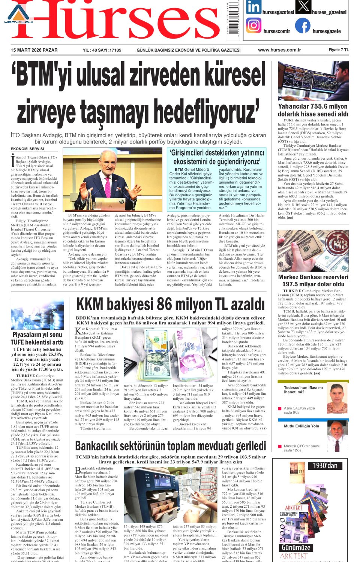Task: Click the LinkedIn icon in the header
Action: pos(253,7)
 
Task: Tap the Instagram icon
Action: pos(253,25)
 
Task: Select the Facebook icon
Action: pos(303,25)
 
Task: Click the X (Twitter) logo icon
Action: pos(303,6)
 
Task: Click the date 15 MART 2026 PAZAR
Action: pos(34,50)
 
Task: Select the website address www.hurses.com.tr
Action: pos(279,50)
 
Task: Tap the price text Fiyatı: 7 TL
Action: pos(339,50)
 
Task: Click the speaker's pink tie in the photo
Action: pos(108,187)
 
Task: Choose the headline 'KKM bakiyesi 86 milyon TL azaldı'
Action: pos(171,304)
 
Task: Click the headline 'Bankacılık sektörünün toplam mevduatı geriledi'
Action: pos(171,446)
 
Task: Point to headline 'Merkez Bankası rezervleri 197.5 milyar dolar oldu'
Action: pos(313,281)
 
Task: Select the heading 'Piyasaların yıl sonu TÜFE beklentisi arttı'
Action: pos(37,338)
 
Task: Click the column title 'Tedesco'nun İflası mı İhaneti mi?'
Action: pos(303,390)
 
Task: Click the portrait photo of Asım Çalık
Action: pos(336,397)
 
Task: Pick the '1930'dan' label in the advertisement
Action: pos(325,466)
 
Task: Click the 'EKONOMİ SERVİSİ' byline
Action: pos(27,149)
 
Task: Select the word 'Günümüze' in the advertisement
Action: pos(296,547)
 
